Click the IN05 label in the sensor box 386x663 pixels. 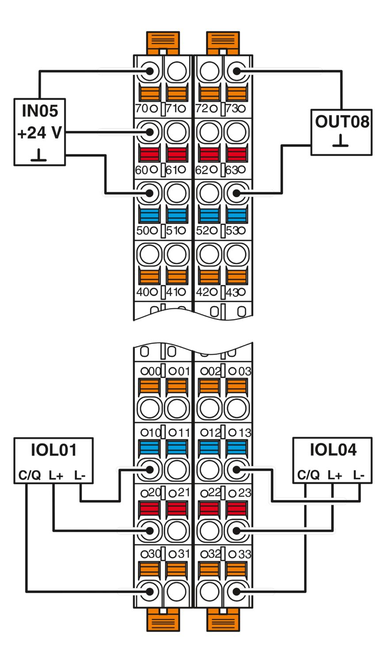click(x=40, y=111)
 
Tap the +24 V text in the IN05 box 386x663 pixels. click(x=40, y=133)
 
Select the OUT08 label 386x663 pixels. click(x=342, y=122)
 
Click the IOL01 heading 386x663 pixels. click(x=54, y=450)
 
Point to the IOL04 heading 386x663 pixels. click(x=333, y=450)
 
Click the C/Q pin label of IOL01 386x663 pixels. click(x=30, y=475)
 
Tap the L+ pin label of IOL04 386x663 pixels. click(x=335, y=475)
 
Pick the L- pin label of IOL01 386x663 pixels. click(x=80, y=475)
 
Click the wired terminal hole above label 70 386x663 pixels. click(x=150, y=71)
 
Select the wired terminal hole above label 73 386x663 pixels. click(x=237, y=71)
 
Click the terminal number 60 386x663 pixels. click(x=141, y=170)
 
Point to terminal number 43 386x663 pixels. click(x=232, y=293)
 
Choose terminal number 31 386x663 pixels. click(x=183, y=554)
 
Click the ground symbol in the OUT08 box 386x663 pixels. click(x=340, y=141)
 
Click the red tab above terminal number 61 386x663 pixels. click(x=177, y=154)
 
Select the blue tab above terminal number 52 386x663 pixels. click(x=209, y=215)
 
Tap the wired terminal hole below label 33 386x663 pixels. click(x=237, y=592)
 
